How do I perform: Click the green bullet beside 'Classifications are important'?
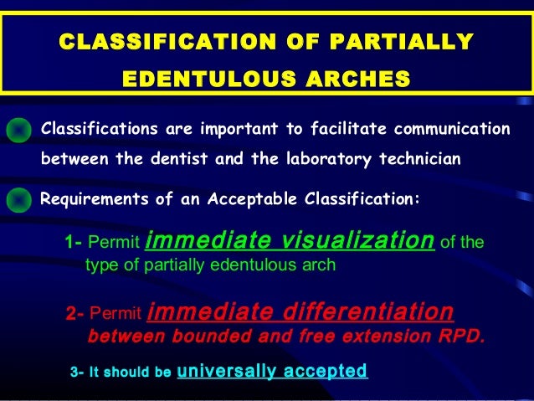pyautogui.click(x=18, y=130)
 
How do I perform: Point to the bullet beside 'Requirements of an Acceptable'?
pyautogui.click(x=18, y=199)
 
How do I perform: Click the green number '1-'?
pyautogui.click(x=73, y=244)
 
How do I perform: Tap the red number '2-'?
pyautogui.click(x=75, y=316)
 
